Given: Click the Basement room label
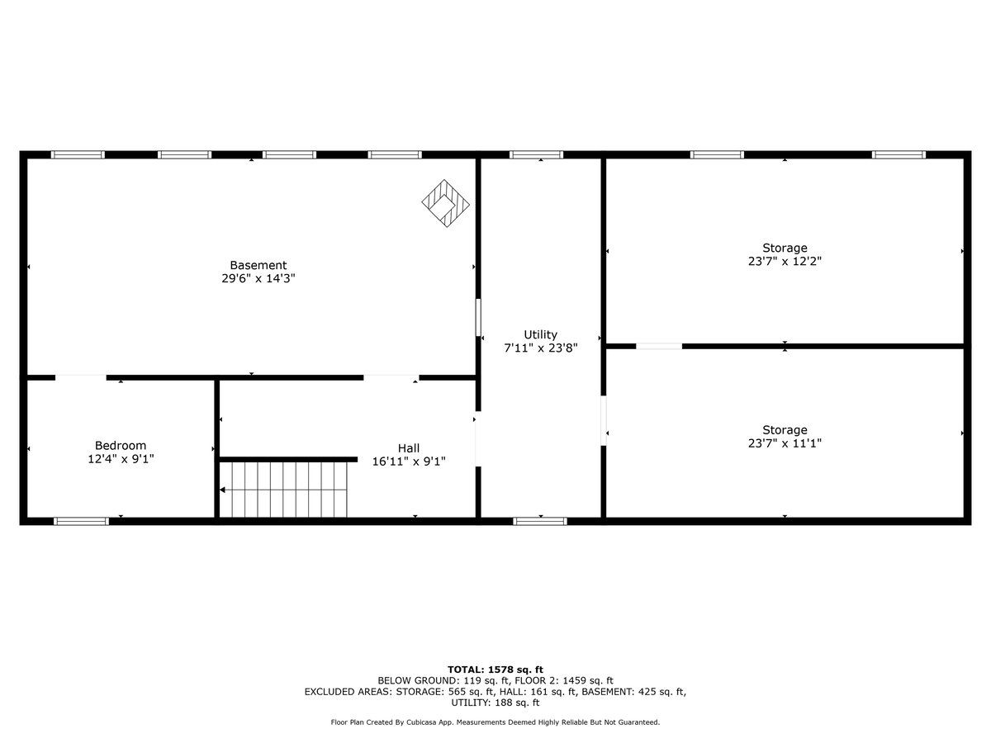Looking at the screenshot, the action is tap(258, 265).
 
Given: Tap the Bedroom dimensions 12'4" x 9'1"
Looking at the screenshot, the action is tap(121, 459).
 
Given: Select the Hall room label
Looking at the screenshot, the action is tap(409, 448).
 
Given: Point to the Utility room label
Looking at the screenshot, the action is tap(540, 334).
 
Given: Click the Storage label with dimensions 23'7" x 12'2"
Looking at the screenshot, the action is tap(785, 248).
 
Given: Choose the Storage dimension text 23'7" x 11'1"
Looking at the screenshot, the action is tap(785, 443).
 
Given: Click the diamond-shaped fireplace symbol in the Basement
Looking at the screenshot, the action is tap(446, 203).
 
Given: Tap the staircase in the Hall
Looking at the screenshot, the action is tap(283, 490).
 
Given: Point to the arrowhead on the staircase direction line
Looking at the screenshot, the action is tap(222, 490).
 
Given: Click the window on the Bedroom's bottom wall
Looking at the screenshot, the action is tap(81, 522).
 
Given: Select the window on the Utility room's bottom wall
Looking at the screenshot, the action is tap(540, 522).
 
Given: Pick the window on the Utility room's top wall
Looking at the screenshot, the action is tap(536, 154).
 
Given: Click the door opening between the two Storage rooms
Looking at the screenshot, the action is tap(659, 347).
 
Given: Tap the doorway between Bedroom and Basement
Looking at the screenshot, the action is tap(81, 377).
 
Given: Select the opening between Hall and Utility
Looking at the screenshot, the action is tap(478, 439).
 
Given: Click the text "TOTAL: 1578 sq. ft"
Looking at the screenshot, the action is tap(495, 670).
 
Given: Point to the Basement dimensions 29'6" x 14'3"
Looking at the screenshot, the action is tap(258, 278).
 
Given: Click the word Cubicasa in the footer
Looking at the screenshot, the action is tap(424, 722).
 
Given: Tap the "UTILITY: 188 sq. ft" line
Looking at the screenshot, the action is tap(495, 703).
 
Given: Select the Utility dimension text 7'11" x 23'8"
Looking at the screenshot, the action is tap(540, 348).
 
